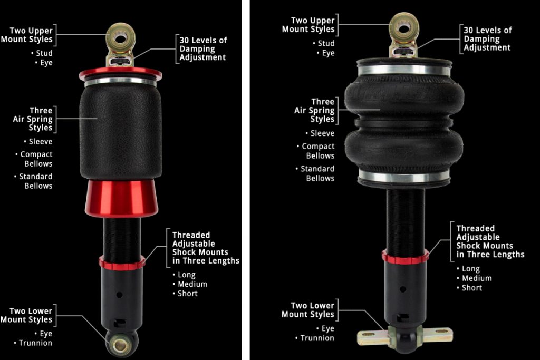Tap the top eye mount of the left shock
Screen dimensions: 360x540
[x=121, y=37]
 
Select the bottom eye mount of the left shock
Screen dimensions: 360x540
[x=120, y=345]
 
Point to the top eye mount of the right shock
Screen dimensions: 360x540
[x=404, y=26]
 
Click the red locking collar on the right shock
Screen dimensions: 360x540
[x=405, y=257]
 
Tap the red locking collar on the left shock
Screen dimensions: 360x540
[x=121, y=262]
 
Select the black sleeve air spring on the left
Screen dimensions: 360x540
[x=120, y=132]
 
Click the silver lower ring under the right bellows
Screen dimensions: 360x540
[x=404, y=177]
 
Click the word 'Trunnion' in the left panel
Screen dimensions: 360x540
[x=35, y=343]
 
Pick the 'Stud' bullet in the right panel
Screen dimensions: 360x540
[x=325, y=43]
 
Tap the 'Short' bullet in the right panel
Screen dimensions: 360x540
[x=471, y=288]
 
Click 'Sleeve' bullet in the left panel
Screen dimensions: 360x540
[x=40, y=142]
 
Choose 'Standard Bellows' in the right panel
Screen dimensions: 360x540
[x=317, y=174]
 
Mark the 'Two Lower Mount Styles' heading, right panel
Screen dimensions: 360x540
[x=308, y=310]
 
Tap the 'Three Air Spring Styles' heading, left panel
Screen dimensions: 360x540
[x=33, y=119]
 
